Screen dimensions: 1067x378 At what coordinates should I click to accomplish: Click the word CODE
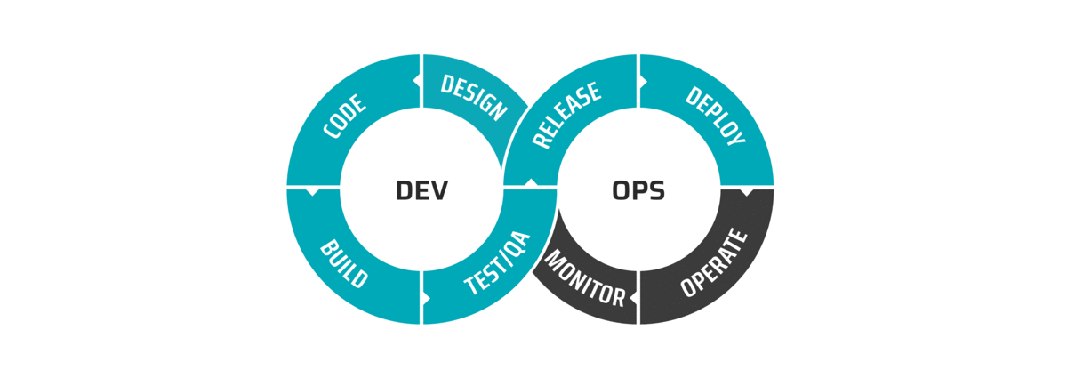click(344, 117)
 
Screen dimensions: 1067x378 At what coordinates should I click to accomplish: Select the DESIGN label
click(474, 97)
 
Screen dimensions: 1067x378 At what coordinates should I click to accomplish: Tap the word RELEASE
click(566, 115)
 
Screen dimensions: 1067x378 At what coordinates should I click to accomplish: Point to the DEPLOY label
click(715, 116)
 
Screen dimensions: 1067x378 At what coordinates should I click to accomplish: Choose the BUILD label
click(344, 263)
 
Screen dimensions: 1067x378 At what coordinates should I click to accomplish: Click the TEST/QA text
click(497, 262)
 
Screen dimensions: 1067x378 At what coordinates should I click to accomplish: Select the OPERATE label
click(713, 262)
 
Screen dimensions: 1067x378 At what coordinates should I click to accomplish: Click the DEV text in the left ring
click(422, 190)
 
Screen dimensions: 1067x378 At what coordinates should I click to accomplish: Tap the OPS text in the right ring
click(638, 190)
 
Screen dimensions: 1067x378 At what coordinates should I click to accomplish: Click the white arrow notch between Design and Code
click(416, 81)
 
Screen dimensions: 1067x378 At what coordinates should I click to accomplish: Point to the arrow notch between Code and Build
click(312, 192)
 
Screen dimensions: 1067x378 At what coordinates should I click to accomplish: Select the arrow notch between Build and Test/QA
click(427, 298)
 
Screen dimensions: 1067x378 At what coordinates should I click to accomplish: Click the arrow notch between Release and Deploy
click(643, 82)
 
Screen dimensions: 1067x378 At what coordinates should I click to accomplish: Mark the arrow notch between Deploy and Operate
click(745, 192)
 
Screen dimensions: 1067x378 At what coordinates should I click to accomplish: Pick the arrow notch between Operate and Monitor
click(633, 298)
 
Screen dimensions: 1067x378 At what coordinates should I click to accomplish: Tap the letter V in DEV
click(438, 190)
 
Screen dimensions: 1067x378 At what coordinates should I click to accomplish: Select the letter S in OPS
click(657, 190)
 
